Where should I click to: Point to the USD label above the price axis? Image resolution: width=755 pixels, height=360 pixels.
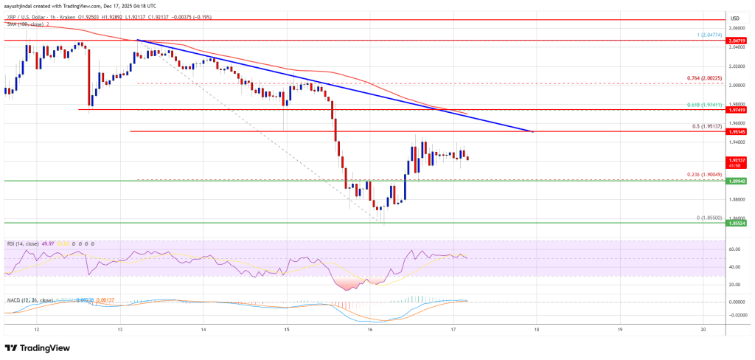[x=734, y=17]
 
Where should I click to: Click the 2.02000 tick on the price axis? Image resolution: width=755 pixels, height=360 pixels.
[x=734, y=66]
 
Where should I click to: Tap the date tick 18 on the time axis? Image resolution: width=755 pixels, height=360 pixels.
[x=536, y=330]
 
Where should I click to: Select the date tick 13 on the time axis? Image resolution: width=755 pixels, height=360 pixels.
[x=119, y=330]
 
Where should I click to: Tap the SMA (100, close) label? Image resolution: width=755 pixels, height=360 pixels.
[x=24, y=24]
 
